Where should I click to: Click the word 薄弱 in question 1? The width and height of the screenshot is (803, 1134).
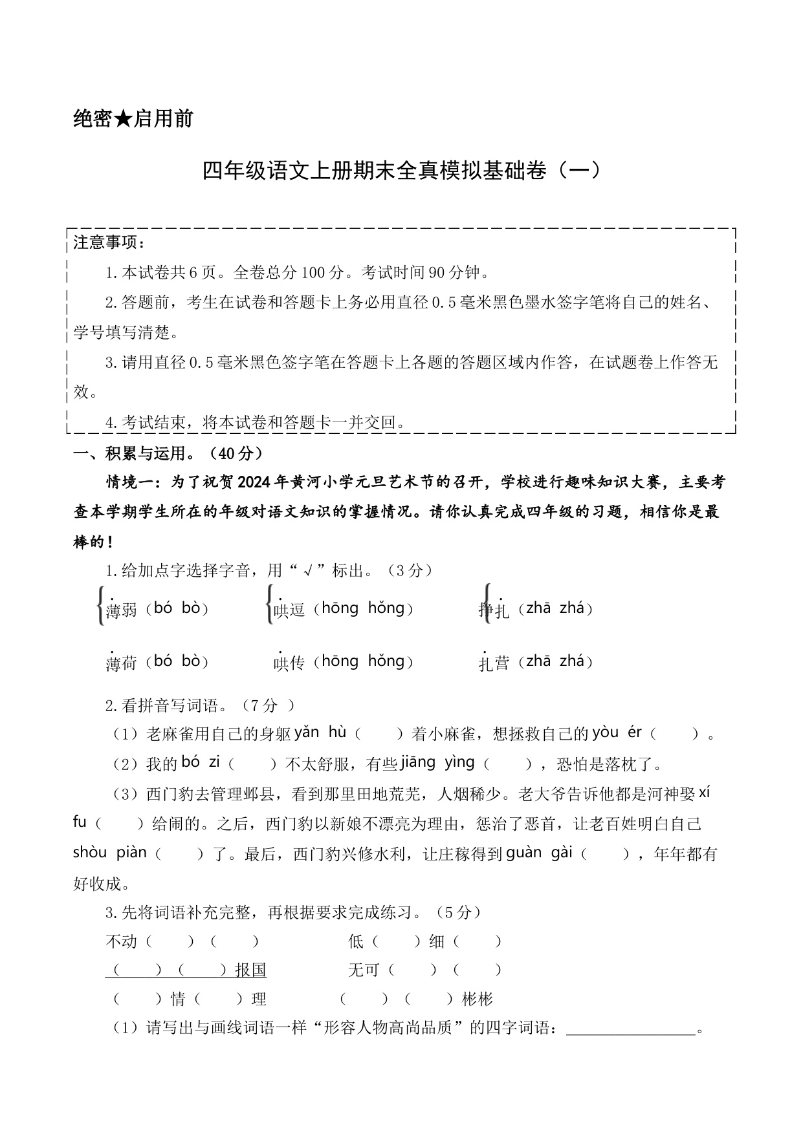(121, 610)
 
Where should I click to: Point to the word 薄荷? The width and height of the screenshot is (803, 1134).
(121, 663)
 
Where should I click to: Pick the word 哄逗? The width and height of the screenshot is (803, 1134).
(289, 610)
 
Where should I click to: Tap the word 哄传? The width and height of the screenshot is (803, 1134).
(289, 663)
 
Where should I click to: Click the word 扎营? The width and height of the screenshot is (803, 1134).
(494, 663)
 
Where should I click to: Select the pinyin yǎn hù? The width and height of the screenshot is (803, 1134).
(320, 733)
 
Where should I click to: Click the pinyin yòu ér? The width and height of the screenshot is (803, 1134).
(617, 733)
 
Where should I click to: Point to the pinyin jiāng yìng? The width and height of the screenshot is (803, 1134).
(437, 763)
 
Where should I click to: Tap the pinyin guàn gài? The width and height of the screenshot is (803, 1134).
(539, 853)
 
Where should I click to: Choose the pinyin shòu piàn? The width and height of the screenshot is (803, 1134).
(110, 853)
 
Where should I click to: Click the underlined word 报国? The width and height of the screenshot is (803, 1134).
(251, 970)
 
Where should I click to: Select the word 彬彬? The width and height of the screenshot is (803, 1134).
(478, 1000)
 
